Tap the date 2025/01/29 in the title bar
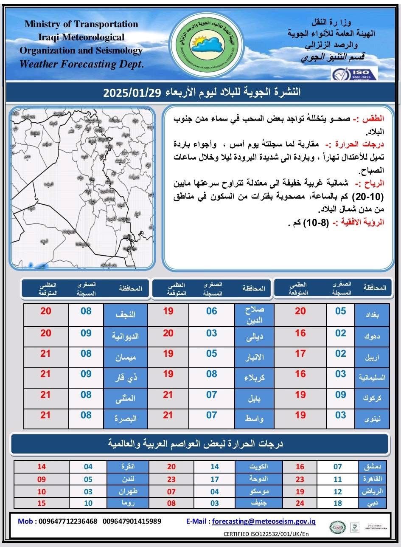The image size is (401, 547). pos(132,93)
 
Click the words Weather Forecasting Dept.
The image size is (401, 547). pos(82,65)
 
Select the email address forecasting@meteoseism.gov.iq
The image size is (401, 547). pos(264,521)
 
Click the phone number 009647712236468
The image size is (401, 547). pos(68,521)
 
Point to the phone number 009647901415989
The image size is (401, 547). pos(132,521)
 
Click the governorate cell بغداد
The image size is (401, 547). pos(371,315)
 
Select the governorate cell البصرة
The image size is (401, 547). pos(125,418)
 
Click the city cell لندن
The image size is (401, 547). pos(128,479)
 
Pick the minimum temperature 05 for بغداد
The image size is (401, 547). pos(341,311)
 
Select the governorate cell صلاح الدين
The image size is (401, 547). pos(255,315)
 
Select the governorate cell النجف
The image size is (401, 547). pos(125,315)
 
